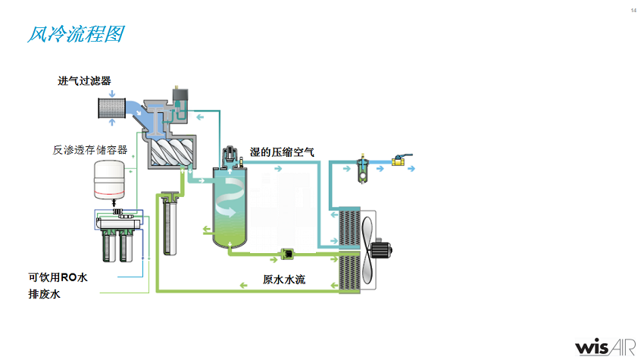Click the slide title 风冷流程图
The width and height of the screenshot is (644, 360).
tap(74, 34)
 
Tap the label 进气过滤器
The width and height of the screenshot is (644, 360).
tap(89, 81)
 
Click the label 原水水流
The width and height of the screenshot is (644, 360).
tap(284, 280)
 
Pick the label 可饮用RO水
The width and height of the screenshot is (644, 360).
tap(58, 277)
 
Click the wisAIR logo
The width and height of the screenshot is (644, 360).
tap(603, 346)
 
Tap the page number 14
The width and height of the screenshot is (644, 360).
tap(633, 10)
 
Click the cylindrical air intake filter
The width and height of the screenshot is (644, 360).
tap(111, 106)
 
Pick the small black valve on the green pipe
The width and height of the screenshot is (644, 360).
tap(289, 254)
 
